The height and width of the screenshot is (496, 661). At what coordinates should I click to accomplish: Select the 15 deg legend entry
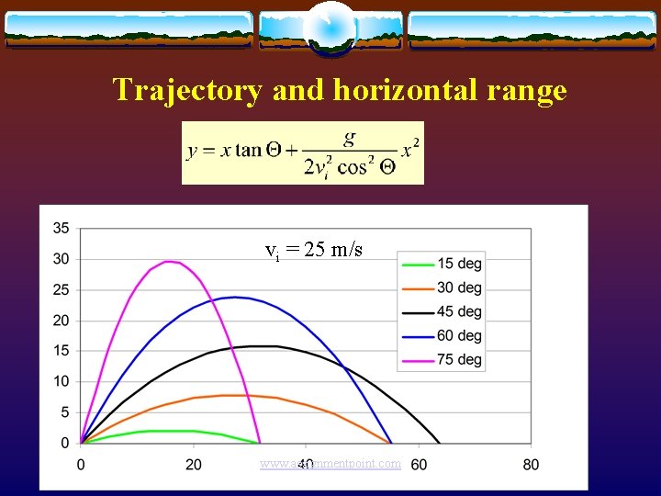(441, 264)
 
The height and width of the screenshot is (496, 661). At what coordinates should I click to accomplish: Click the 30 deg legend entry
(441, 287)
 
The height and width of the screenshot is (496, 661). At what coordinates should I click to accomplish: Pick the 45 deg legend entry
(441, 311)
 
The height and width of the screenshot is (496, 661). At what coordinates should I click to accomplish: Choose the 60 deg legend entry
(441, 335)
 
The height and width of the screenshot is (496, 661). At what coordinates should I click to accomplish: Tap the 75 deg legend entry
(441, 359)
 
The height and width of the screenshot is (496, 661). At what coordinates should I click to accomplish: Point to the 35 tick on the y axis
(61, 228)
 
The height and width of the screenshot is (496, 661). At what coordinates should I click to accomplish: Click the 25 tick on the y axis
(61, 289)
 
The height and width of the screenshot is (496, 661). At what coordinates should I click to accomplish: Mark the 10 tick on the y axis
(61, 381)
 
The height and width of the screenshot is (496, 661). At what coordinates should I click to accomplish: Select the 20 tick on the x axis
(194, 464)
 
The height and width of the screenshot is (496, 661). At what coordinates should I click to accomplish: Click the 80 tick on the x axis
(531, 464)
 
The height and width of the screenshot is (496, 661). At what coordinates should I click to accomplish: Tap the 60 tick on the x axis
(419, 464)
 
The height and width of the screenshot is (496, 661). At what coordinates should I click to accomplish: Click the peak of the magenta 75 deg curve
(168, 262)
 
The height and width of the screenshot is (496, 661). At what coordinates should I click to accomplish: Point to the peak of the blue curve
(236, 297)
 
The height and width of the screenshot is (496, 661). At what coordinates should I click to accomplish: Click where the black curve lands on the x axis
(440, 443)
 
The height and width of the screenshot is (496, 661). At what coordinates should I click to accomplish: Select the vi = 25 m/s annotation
(313, 250)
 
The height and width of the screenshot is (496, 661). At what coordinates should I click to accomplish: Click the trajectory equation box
(303, 152)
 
